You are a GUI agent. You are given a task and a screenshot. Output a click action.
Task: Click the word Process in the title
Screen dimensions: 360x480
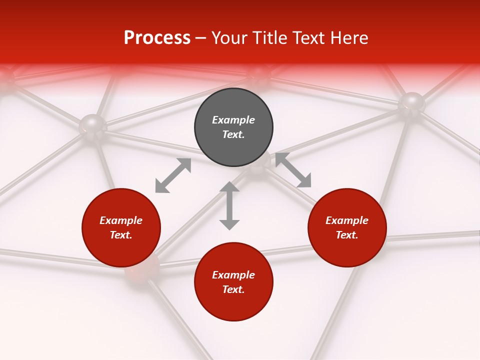point(157,38)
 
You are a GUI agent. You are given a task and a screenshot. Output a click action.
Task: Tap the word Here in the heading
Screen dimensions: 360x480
point(349,38)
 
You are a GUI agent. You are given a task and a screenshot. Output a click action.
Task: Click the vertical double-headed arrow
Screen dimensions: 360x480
point(229,206)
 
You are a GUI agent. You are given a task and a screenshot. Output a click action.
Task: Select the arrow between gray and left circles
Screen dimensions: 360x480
point(173,175)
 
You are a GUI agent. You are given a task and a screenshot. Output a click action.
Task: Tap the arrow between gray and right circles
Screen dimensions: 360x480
point(293,170)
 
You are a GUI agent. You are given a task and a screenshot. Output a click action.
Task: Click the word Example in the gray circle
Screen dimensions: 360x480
point(233,120)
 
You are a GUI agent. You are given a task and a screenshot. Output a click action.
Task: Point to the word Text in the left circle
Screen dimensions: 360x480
point(120,235)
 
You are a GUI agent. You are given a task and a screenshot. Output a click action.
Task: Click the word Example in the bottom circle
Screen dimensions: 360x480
point(233,275)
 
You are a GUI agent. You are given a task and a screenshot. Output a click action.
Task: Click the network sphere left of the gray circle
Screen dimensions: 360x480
point(93,124)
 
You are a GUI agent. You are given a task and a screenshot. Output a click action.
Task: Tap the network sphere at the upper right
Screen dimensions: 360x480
point(411,103)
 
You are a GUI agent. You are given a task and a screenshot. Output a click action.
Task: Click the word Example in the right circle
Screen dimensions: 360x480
point(347,220)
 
